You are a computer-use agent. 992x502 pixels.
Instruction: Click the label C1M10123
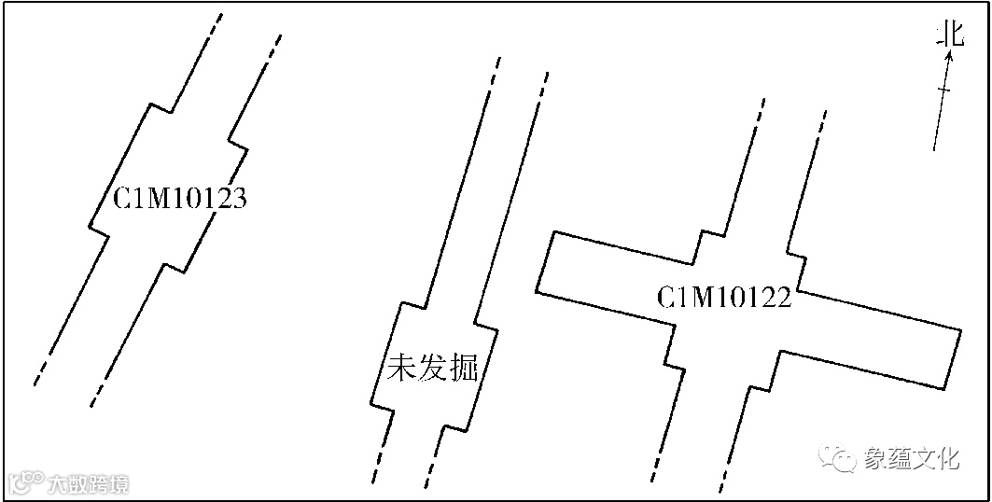pyautogui.click(x=180, y=200)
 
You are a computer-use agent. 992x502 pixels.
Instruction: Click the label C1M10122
pyautogui.click(x=724, y=299)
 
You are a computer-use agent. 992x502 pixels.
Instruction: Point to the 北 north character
pyautogui.click(x=950, y=35)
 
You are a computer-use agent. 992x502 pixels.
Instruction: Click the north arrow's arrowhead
pyautogui.click(x=949, y=56)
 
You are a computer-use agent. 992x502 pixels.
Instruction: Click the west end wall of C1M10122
pyautogui.click(x=546, y=262)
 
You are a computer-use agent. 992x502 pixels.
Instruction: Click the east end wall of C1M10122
pyautogui.click(x=952, y=358)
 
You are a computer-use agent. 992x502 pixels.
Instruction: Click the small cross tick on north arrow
pyautogui.click(x=943, y=90)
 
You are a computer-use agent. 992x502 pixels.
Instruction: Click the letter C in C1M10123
pyautogui.click(x=122, y=200)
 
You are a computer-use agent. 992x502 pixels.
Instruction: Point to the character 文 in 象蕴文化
pyautogui.click(x=924, y=458)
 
